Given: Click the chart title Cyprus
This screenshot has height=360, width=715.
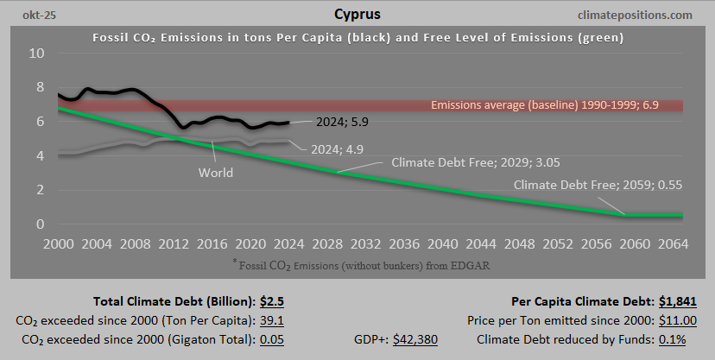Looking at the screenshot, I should point(357,15).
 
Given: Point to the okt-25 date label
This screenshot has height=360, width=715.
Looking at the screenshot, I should point(29,15).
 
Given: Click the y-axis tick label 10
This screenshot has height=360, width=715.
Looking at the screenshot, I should point(38,54).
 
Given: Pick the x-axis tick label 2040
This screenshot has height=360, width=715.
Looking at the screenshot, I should point(443,243).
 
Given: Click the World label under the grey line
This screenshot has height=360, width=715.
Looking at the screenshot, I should point(216,172).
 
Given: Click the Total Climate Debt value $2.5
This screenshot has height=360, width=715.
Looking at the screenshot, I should point(274,301).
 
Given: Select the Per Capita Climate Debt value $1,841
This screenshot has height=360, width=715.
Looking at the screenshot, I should point(674,301).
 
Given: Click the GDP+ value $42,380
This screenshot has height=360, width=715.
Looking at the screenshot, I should point(415,339).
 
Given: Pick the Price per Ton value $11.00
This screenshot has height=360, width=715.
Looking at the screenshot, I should point(673,320).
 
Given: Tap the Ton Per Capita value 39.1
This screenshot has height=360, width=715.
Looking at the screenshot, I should point(274,320).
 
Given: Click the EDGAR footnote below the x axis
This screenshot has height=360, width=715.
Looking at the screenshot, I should point(357,263).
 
